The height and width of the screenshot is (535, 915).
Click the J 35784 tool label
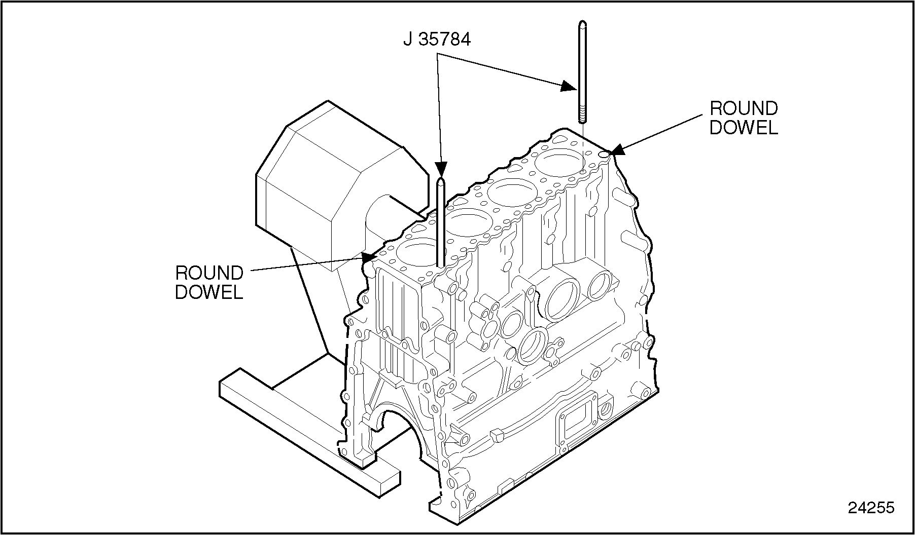[x=437, y=40]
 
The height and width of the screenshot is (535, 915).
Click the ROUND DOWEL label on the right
[x=743, y=118]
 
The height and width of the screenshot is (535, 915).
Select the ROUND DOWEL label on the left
[x=209, y=282]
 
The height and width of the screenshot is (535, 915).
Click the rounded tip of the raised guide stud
[x=583, y=24]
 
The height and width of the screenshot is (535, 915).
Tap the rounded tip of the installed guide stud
[x=441, y=181]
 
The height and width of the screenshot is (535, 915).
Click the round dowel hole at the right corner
[x=604, y=154]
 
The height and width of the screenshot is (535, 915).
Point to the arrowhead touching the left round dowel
[x=368, y=256]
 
